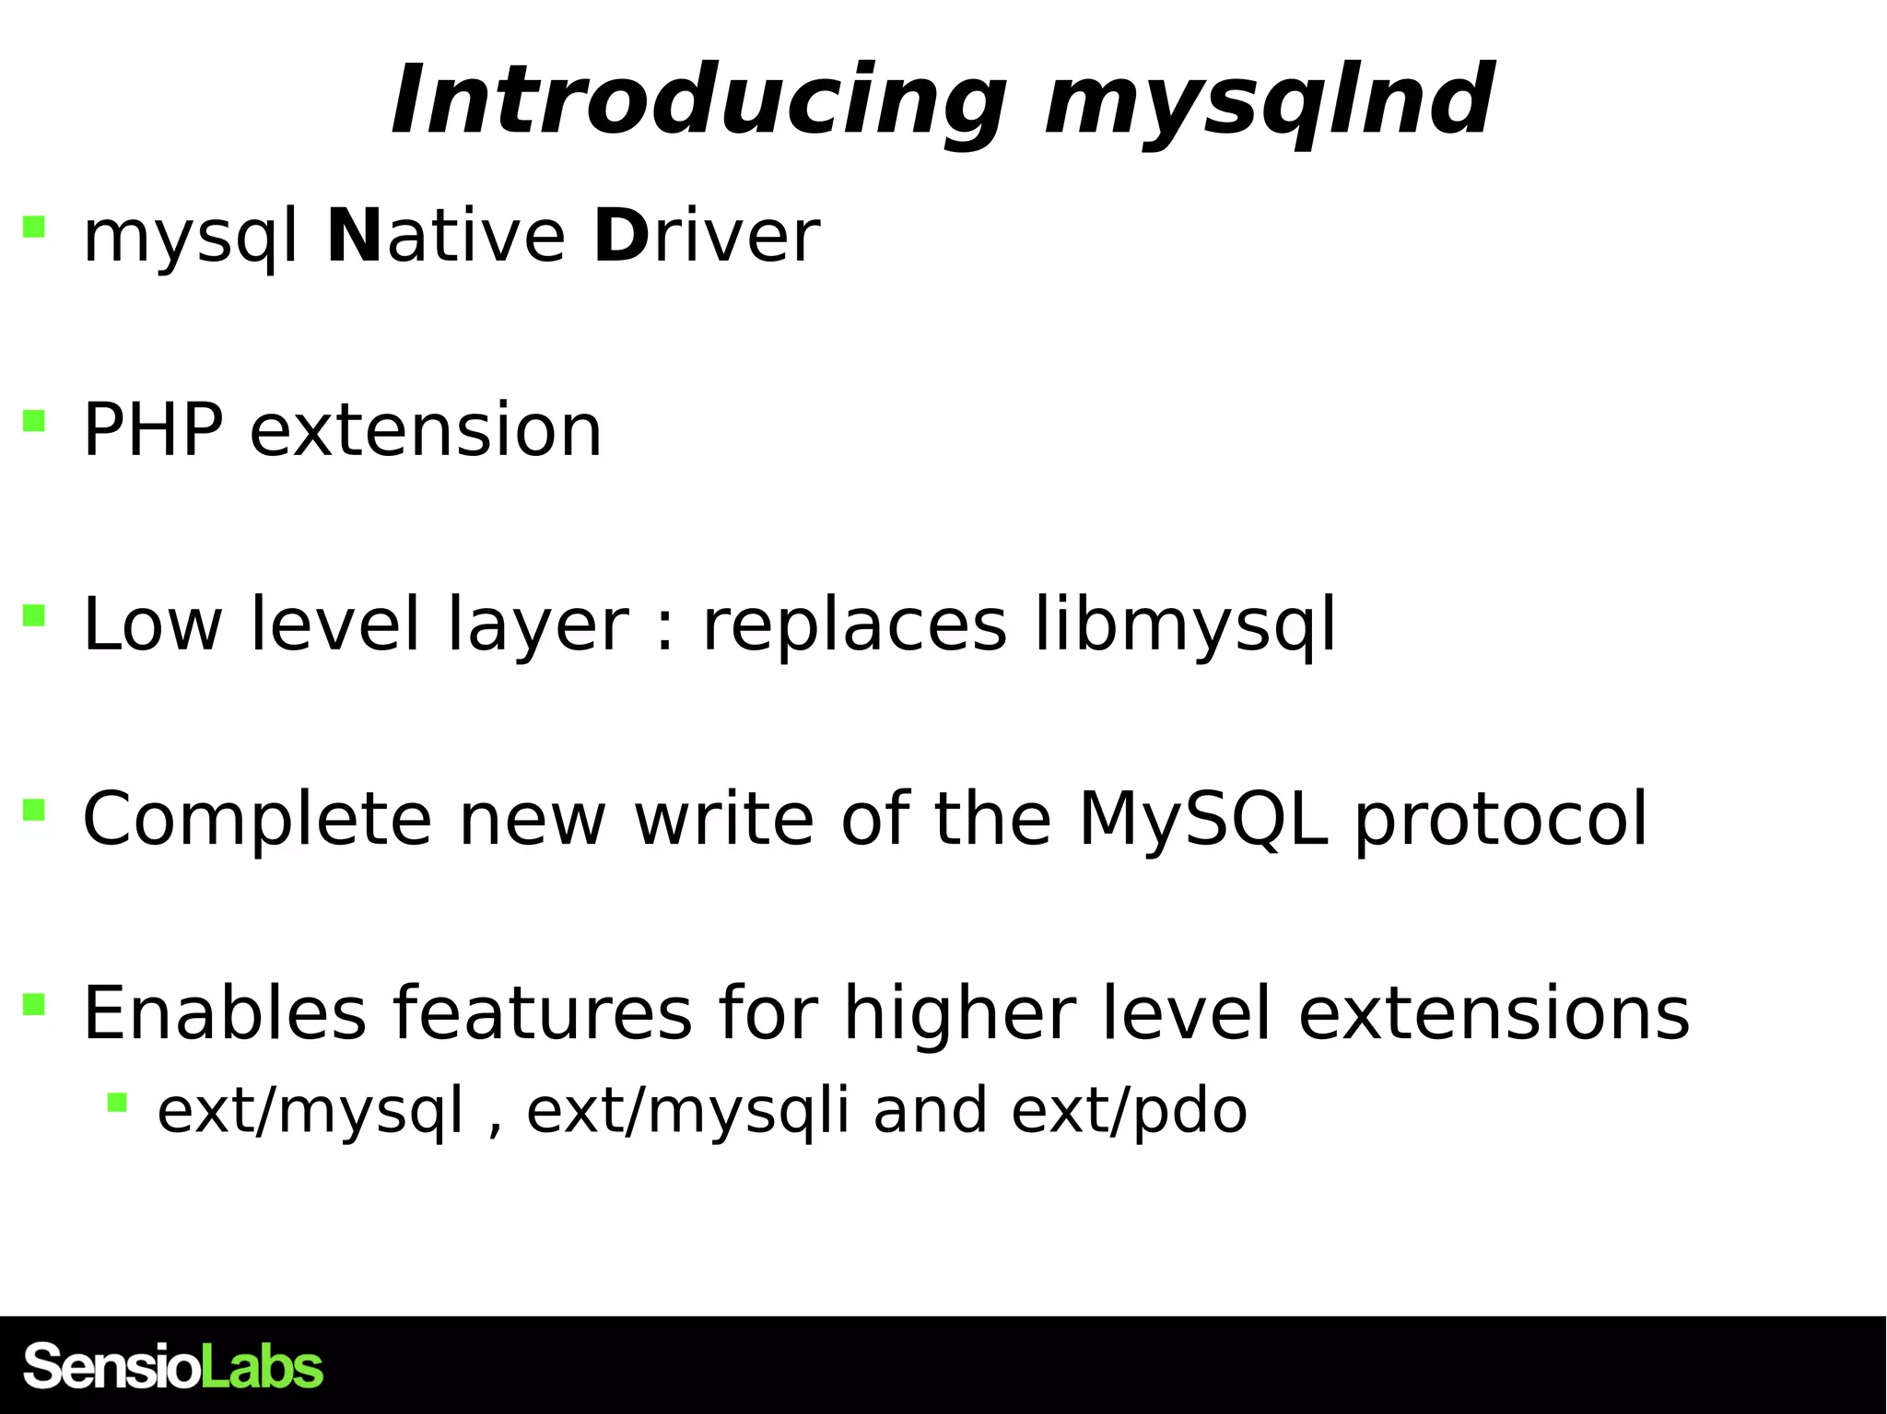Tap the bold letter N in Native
click(x=354, y=237)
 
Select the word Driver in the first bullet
click(x=706, y=237)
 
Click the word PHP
click(x=153, y=430)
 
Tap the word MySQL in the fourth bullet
click(x=1202, y=820)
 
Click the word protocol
click(x=1500, y=820)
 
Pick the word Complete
click(x=257, y=820)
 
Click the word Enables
click(x=225, y=1013)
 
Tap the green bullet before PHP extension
click(x=34, y=421)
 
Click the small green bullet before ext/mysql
click(x=116, y=1102)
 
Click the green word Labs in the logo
click(x=262, y=1367)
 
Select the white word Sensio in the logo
click(x=111, y=1367)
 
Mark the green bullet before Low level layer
click(x=34, y=614)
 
